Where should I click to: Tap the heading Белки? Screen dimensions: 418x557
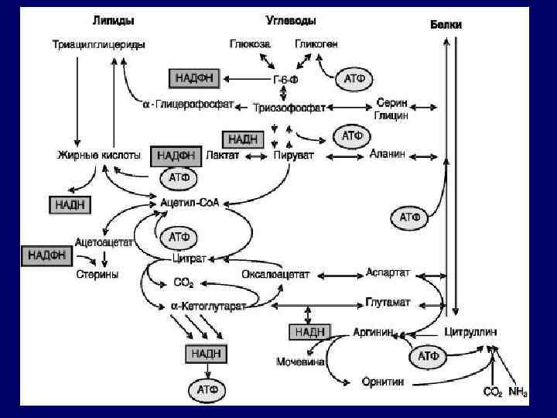point(446,25)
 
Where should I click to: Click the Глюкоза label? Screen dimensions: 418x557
point(250,44)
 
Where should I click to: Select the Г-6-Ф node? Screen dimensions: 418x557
point(284,79)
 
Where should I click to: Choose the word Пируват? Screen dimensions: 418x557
point(293,156)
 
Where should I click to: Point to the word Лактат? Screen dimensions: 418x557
point(223,156)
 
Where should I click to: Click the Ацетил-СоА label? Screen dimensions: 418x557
point(190,203)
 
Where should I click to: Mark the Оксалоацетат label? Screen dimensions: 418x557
point(275,274)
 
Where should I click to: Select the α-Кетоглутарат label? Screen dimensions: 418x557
point(207,307)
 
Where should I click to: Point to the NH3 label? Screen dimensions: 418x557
point(518,392)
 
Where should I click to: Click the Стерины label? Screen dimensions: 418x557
point(97,274)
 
